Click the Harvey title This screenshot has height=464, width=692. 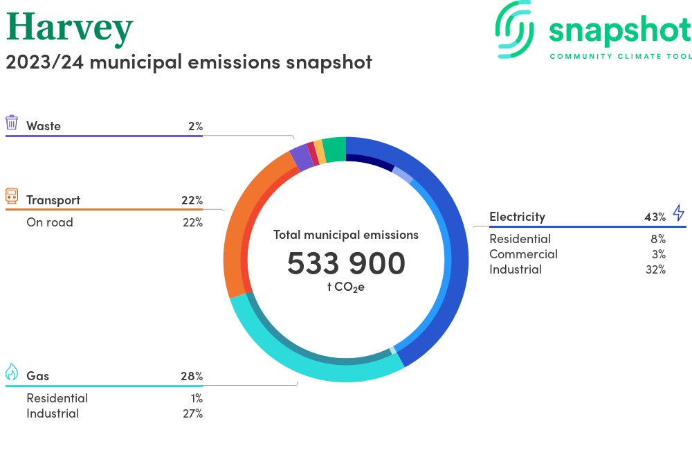pos(69,28)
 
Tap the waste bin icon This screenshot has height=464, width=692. pos(12,123)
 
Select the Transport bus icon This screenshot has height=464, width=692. pos(12,196)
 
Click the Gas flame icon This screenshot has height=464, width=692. pos(12,372)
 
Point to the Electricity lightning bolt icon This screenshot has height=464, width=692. pos(678,213)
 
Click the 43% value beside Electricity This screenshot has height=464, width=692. pos(655,217)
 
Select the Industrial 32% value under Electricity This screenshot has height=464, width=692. pos(655,269)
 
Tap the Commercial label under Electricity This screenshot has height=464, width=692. pos(523,254)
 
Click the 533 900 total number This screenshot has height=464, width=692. pos(346,263)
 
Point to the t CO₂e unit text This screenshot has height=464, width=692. pos(346,287)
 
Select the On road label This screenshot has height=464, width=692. pos(50,222)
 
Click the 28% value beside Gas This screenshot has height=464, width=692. pos(192,376)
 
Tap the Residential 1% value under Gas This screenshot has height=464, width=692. pos(197,398)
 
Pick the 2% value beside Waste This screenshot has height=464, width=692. pos(194,126)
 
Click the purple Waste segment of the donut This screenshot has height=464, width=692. pos(300,157)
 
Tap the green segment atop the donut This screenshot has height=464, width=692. pos(334,148)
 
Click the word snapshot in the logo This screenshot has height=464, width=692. pos(619,30)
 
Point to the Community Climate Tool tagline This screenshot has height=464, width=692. pos(620,56)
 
